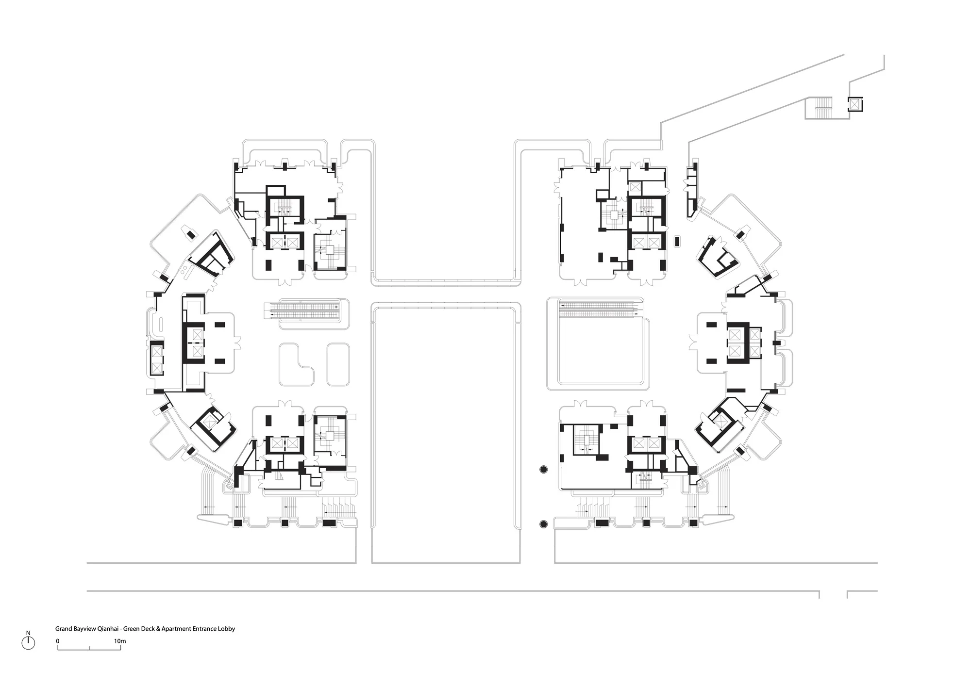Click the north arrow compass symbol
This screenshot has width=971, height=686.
pyautogui.click(x=29, y=643)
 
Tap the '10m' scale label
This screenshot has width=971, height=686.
pyautogui.click(x=120, y=641)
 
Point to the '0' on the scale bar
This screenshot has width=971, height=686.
pyautogui.click(x=58, y=641)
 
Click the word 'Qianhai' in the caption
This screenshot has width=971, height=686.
pyautogui.click(x=109, y=629)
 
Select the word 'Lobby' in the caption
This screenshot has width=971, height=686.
pyautogui.click(x=227, y=629)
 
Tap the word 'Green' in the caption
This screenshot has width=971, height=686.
pyautogui.click(x=131, y=629)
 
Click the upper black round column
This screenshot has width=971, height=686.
pyautogui.click(x=543, y=469)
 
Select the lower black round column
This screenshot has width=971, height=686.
pyautogui.click(x=543, y=523)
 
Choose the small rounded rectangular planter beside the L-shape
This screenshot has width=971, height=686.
pyautogui.click(x=339, y=364)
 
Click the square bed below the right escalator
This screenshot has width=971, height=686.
pyautogui.click(x=602, y=354)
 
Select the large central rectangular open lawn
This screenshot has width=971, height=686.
pyautogui.click(x=446, y=432)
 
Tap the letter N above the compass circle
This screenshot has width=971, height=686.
pyautogui.click(x=29, y=633)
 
